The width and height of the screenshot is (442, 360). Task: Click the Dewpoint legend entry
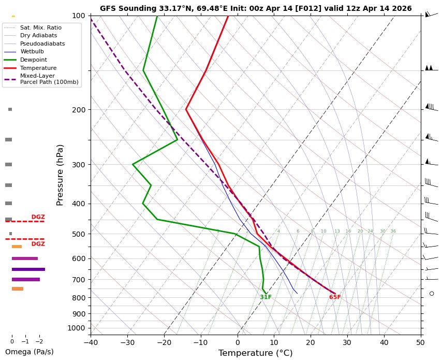pos(33,60)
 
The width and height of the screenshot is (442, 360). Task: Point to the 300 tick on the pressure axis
pos(78,165)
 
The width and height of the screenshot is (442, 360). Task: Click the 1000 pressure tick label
pos(76,328)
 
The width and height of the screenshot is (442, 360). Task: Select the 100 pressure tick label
pos(78,16)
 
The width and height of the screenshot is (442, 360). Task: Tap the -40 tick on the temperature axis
pos(91,342)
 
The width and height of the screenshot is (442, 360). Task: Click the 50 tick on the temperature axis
pos(421,342)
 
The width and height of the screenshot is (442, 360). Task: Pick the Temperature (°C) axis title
pos(255,353)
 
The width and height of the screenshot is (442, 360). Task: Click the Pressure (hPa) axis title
pos(60,175)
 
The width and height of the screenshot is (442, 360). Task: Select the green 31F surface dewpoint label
pos(266,297)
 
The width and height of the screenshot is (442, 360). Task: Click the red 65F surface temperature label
pos(335,297)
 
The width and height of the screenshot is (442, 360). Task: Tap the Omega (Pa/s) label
pos(29,352)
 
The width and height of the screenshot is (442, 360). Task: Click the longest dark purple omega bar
pos(28,269)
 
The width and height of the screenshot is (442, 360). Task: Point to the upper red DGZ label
pos(38,217)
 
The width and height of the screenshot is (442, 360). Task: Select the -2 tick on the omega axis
pos(39,342)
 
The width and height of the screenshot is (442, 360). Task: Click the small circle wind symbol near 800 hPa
pos(432,293)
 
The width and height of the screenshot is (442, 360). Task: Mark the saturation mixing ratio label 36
pos(393,232)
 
